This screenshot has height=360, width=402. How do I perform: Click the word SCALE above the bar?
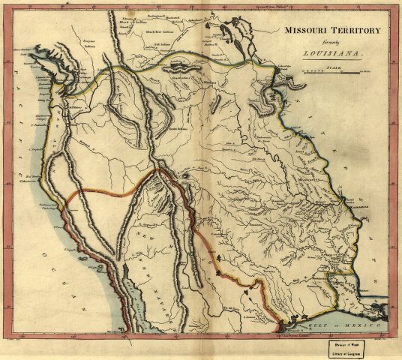335,67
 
